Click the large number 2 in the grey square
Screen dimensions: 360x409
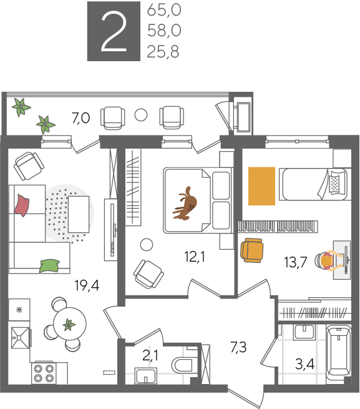(x=114, y=32)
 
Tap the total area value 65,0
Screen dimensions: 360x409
(x=164, y=11)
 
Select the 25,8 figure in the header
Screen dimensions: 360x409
(x=163, y=51)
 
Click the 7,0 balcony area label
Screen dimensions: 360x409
(x=81, y=118)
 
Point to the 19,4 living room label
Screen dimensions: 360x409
(x=87, y=285)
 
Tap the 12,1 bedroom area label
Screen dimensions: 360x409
(x=195, y=257)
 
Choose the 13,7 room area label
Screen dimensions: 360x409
(x=296, y=262)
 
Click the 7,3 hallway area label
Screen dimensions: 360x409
(x=238, y=347)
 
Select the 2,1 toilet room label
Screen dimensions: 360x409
(x=150, y=355)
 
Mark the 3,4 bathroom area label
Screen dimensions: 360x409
(x=304, y=363)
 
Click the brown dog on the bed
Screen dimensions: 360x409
(x=185, y=204)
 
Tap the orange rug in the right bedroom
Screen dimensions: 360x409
(x=261, y=186)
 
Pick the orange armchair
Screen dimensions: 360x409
(x=251, y=250)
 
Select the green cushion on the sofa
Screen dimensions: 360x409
(x=49, y=266)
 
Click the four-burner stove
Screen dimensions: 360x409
(x=44, y=373)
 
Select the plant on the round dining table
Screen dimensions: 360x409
(x=69, y=325)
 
